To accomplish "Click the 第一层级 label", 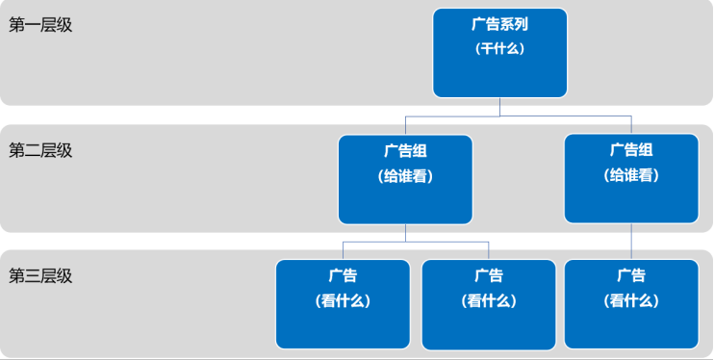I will (x=40, y=25).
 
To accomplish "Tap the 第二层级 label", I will (x=40, y=150).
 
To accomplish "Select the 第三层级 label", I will (x=40, y=276).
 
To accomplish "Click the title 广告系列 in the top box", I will (x=499, y=24).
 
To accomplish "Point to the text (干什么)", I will (x=499, y=48).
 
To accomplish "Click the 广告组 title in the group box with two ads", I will (x=405, y=150).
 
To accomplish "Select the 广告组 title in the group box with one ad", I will (x=631, y=150).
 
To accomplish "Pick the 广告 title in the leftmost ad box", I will (x=343, y=276).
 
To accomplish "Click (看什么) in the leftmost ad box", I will (x=343, y=300).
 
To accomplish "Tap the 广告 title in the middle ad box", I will (x=489, y=276).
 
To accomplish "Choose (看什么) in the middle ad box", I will (x=489, y=300).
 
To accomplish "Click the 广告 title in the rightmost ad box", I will (x=631, y=276).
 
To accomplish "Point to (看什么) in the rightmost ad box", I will (x=631, y=300).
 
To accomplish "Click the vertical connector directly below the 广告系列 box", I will (x=499, y=107).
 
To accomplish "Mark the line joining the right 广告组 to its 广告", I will (x=631, y=241).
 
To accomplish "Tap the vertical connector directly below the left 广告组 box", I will (x=405, y=232).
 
